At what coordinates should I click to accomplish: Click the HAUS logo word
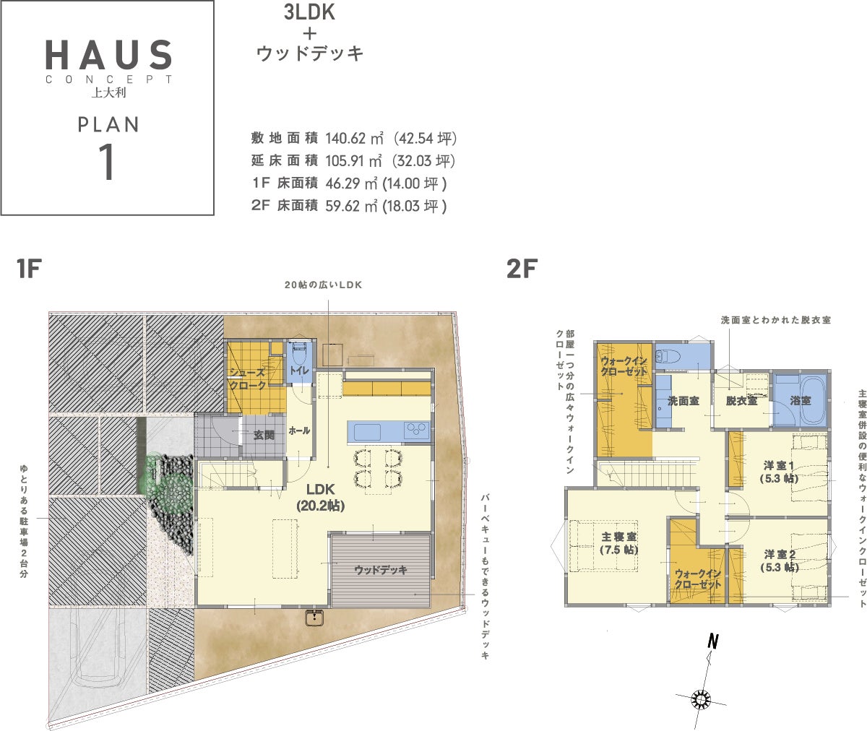coord(108,54)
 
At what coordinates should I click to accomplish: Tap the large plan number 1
coord(108,163)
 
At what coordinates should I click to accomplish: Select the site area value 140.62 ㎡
coord(354,138)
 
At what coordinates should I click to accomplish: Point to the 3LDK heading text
coord(309,12)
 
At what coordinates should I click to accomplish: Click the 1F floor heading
coord(29,268)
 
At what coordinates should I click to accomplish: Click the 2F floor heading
coord(522,268)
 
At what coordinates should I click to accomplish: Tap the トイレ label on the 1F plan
coord(299,370)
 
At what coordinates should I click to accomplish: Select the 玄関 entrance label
coord(264,435)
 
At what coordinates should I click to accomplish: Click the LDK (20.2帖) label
coord(321,497)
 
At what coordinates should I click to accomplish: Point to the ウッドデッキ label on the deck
coord(381,569)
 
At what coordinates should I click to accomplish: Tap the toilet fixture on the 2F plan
coord(668,355)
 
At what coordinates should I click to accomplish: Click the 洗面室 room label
coord(683,401)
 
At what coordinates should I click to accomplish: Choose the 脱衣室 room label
coord(741,401)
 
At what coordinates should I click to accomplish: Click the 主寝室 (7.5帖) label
coord(619,543)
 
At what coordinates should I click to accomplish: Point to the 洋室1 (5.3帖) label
coord(779,472)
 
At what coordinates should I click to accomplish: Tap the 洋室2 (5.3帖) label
coord(780,561)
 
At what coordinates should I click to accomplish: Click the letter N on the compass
coord(713,641)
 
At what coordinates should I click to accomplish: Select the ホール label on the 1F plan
coord(299,431)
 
